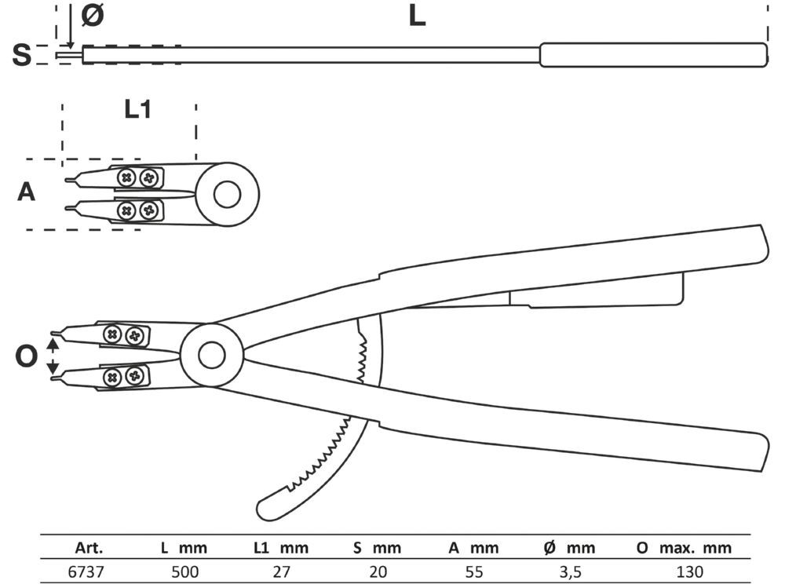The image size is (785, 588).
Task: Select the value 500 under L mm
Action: [185, 572]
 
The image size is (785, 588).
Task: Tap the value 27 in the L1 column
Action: [283, 572]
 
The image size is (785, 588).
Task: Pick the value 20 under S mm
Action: [376, 572]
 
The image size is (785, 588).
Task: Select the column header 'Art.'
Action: [89, 547]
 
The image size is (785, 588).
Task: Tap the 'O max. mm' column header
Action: [683, 547]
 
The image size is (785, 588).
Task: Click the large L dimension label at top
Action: [417, 16]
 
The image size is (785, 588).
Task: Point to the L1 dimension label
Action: [137, 110]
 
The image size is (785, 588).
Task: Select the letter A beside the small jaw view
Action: [27, 192]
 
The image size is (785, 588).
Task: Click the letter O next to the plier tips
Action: [26, 357]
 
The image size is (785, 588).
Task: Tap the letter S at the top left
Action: [23, 56]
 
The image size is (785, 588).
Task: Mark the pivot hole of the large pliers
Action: [210, 356]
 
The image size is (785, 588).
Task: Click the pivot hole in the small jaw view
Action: [227, 194]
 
